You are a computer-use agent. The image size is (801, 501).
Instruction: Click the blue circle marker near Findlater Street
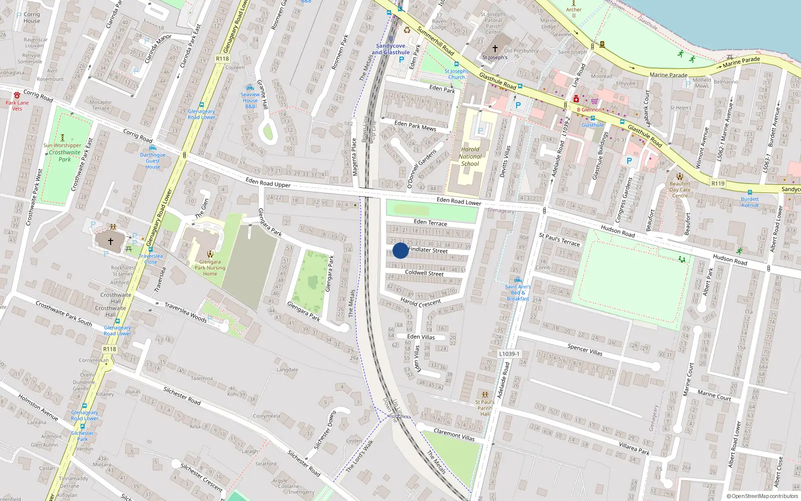click(x=400, y=251)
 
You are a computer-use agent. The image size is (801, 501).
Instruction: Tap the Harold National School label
click(x=470, y=156)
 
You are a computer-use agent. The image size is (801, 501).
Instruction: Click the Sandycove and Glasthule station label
click(x=390, y=49)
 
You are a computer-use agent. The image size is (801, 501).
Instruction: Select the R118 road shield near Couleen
click(x=222, y=59)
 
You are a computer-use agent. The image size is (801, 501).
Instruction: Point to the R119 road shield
click(x=718, y=183)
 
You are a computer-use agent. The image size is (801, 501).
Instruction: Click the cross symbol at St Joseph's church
click(x=495, y=49)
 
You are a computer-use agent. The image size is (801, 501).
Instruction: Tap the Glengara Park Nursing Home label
click(x=210, y=268)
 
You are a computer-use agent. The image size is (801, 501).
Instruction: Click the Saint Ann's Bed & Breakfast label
click(x=518, y=293)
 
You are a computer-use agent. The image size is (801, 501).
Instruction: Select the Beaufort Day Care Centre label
click(x=680, y=189)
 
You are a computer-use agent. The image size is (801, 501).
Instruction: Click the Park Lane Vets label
click(x=17, y=105)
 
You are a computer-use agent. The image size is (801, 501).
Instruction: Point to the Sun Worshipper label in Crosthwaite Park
click(x=62, y=145)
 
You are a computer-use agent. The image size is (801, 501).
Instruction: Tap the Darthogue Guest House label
click(x=153, y=161)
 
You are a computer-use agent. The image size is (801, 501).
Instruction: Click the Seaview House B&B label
click(x=250, y=100)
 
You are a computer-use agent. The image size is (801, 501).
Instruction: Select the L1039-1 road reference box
click(x=509, y=354)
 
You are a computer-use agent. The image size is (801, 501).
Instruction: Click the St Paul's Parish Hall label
click(x=485, y=407)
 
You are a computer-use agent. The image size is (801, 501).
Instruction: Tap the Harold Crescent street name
click(x=421, y=303)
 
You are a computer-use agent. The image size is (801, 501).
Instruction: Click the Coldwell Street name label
click(x=424, y=273)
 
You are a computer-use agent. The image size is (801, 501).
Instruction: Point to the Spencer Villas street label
click(x=585, y=349)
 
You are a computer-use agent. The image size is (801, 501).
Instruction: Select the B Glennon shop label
click(x=589, y=110)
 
